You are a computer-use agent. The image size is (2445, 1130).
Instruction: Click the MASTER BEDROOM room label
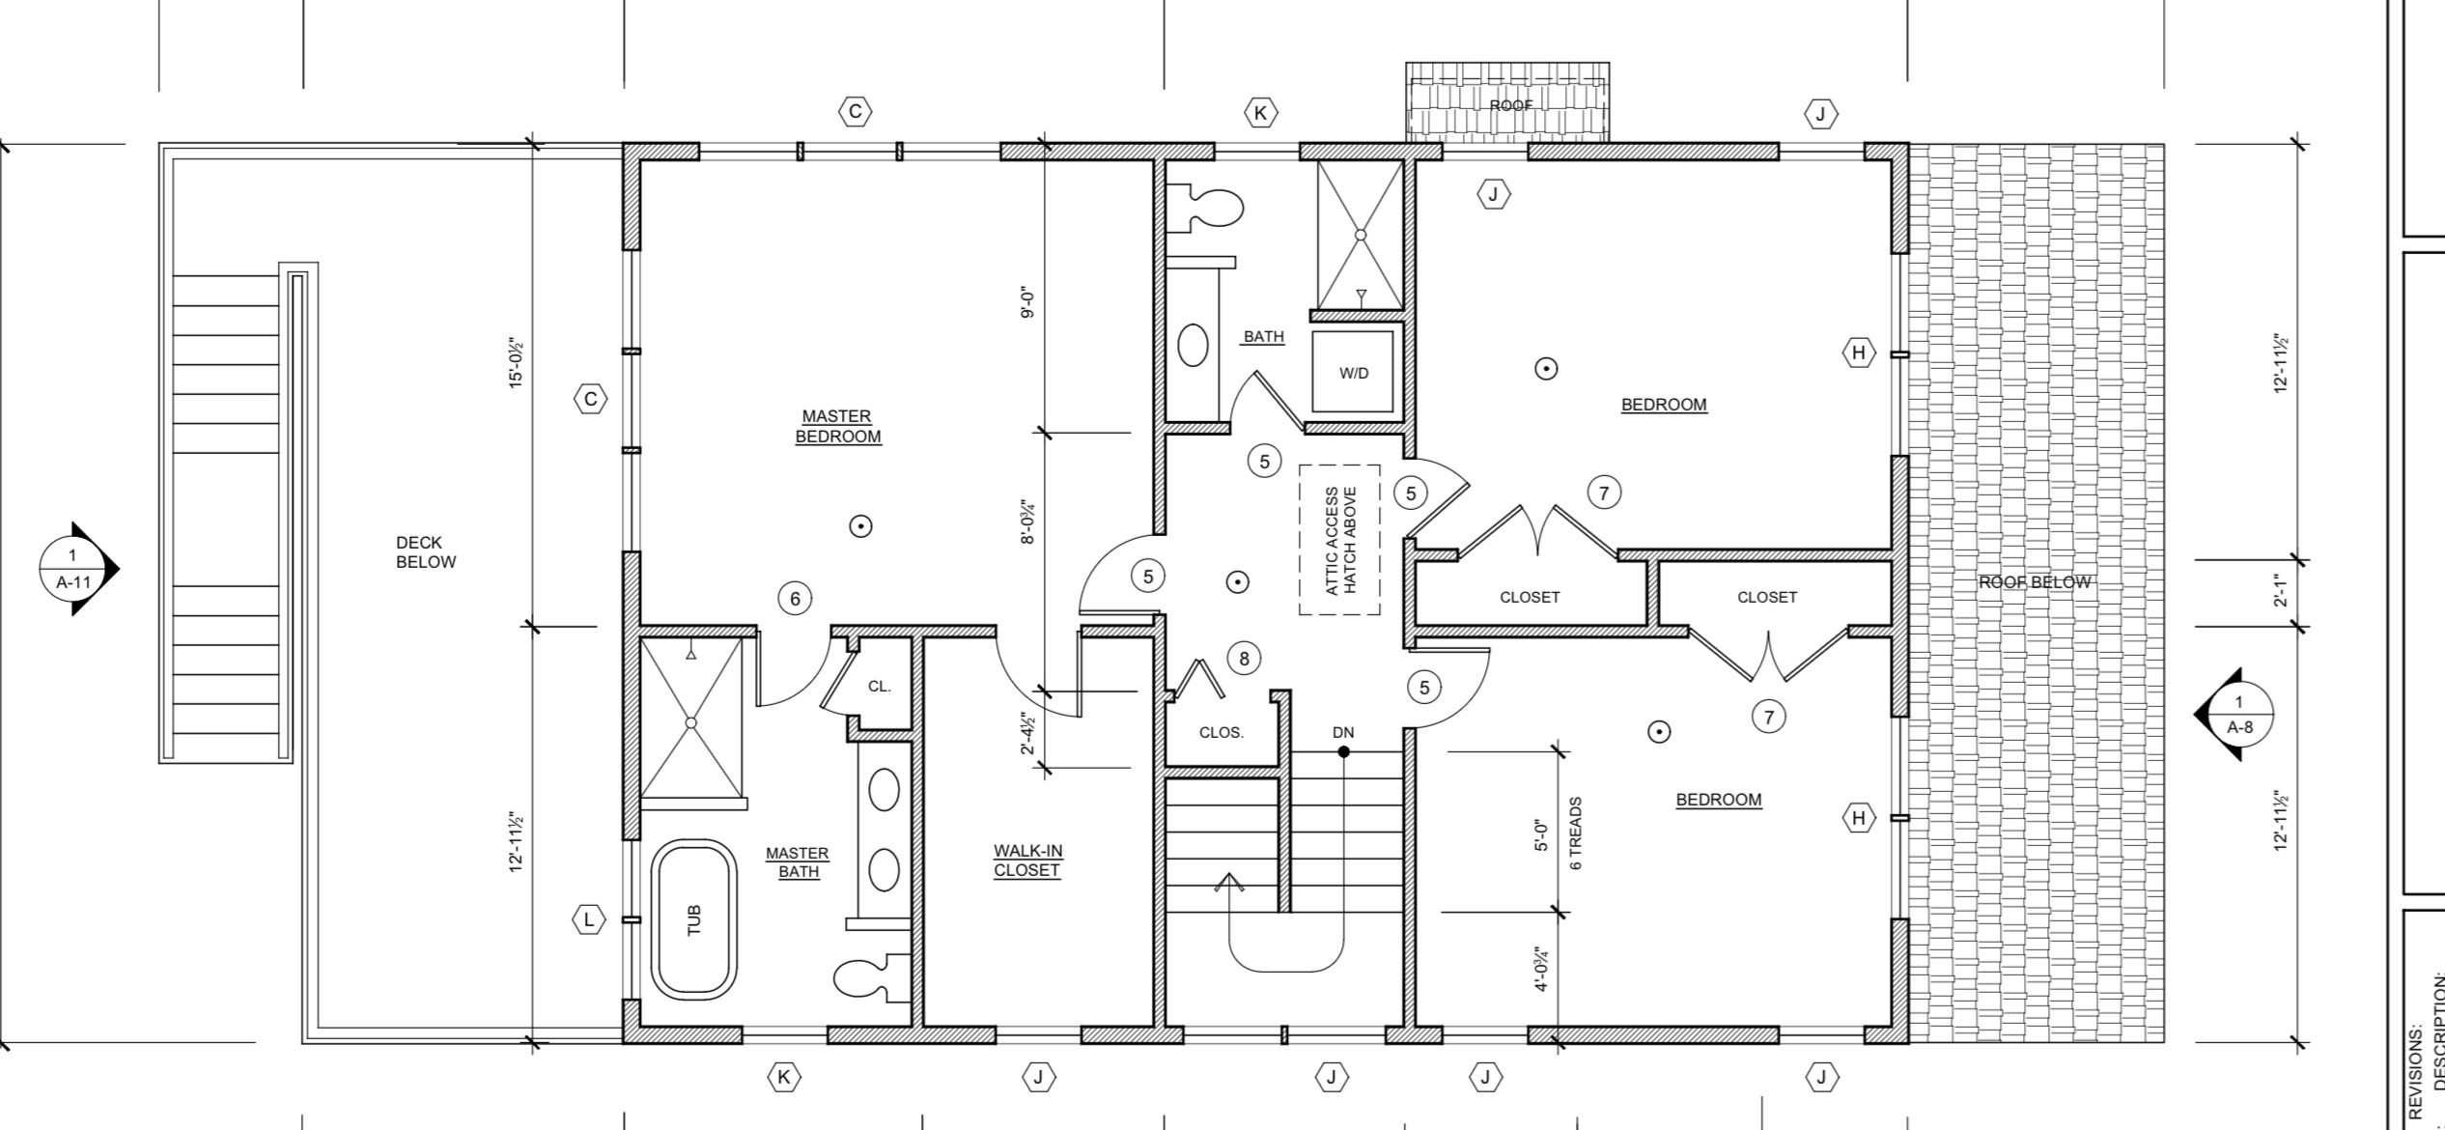pyautogui.click(x=837, y=426)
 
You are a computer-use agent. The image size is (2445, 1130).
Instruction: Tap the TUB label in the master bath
pyautogui.click(x=693, y=919)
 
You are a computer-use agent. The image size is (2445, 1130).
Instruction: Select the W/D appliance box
pyautogui.click(x=1353, y=373)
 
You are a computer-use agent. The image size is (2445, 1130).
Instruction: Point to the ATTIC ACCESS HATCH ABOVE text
pyautogui.click(x=1339, y=540)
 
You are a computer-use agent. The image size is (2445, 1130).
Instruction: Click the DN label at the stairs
pyautogui.click(x=1342, y=732)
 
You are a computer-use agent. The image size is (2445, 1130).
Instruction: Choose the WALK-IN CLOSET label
pyautogui.click(x=1027, y=861)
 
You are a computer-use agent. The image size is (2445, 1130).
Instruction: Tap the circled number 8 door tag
pyautogui.click(x=1244, y=659)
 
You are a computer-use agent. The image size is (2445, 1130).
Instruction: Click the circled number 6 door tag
pyautogui.click(x=795, y=599)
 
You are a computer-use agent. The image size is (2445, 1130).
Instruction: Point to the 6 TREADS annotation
pyautogui.click(x=1576, y=833)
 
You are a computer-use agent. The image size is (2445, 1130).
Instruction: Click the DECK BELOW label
pyautogui.click(x=425, y=552)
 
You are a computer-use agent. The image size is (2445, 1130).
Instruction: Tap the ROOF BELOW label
pyautogui.click(x=2034, y=582)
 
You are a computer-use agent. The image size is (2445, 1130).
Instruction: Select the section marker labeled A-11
pyautogui.click(x=73, y=570)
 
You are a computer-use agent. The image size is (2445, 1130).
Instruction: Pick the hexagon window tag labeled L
pyautogui.click(x=589, y=919)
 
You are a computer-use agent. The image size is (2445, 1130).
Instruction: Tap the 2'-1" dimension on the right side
pyautogui.click(x=2282, y=590)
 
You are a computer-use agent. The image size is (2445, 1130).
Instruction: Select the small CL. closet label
pyautogui.click(x=879, y=687)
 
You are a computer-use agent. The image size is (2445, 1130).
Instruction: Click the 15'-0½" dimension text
pyautogui.click(x=517, y=363)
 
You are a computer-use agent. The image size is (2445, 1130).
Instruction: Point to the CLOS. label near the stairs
pyautogui.click(x=1221, y=732)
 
